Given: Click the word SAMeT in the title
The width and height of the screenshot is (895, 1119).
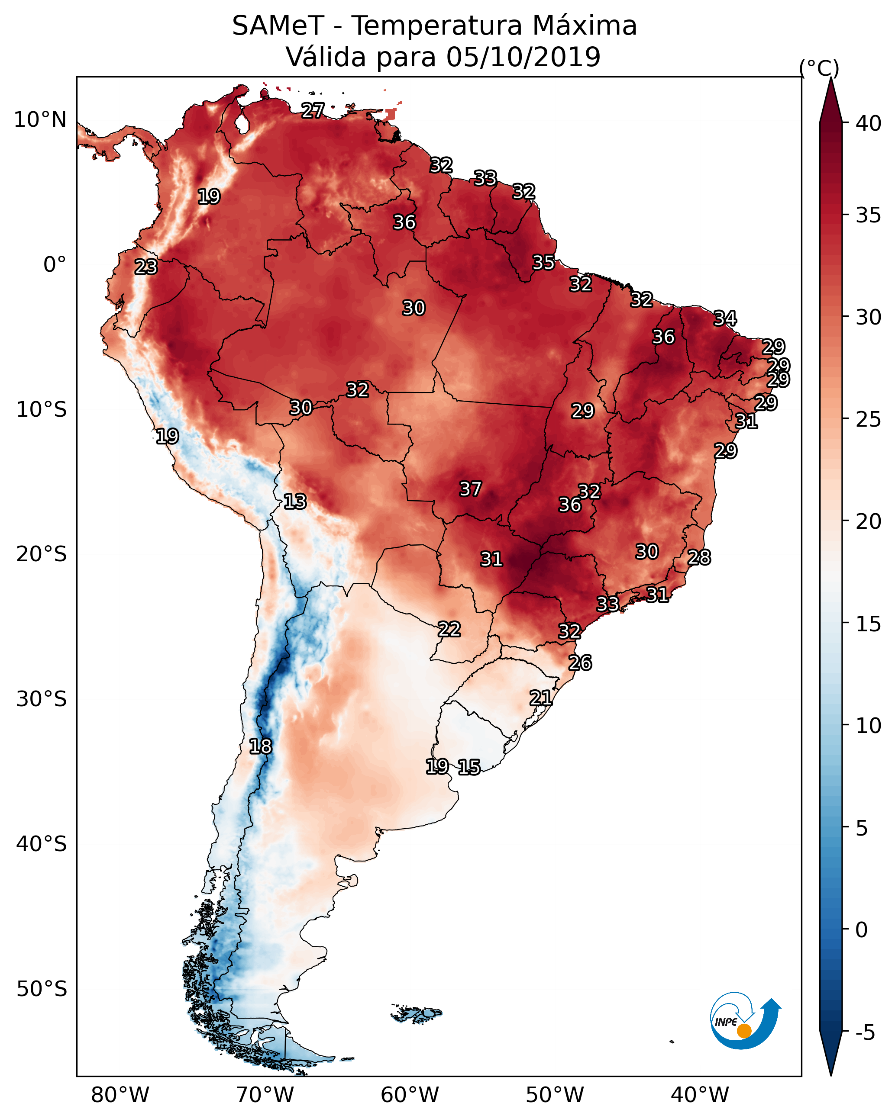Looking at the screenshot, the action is (278, 26).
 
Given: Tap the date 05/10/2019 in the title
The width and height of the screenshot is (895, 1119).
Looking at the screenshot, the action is (523, 57).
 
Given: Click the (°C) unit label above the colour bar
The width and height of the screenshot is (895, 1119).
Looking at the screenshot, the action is (819, 68).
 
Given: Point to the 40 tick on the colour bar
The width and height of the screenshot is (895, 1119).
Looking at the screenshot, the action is (869, 123).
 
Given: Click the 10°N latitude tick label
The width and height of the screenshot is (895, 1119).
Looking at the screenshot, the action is (40, 120).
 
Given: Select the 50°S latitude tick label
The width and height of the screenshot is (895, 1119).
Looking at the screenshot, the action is (42, 989).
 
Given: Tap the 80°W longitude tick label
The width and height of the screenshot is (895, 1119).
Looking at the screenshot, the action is (120, 1095).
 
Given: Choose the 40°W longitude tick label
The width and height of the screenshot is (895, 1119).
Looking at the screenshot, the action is (700, 1095).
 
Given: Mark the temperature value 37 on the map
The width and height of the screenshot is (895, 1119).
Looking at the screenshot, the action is (471, 489).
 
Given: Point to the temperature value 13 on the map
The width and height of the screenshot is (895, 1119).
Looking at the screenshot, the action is (295, 502).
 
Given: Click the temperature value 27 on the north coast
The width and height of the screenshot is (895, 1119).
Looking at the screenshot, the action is (313, 110).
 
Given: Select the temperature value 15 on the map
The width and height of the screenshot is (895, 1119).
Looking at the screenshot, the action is (469, 767).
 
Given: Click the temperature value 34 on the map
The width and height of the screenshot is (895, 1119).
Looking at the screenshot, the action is (725, 318).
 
